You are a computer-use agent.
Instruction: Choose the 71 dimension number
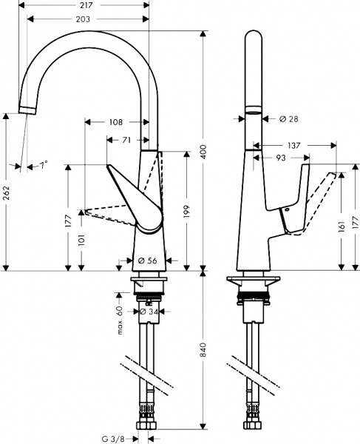click(126, 138)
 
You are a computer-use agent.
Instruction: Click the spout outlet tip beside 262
click(27, 110)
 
